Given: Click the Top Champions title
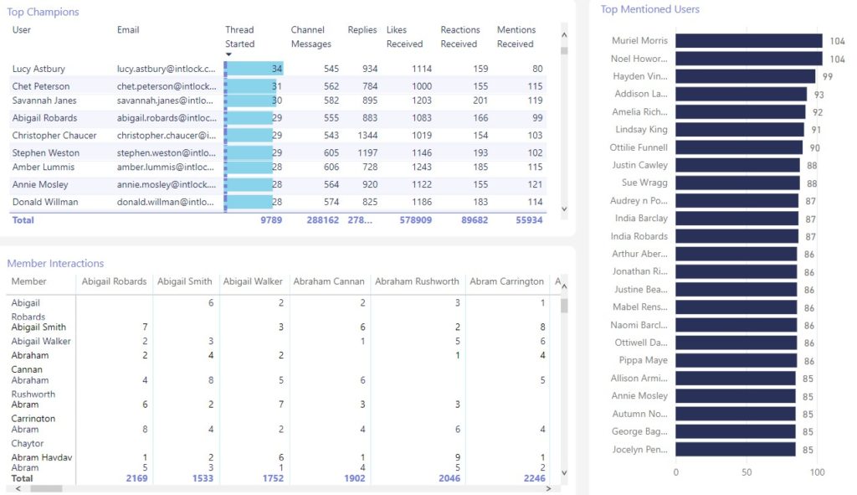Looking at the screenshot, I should click(x=43, y=13).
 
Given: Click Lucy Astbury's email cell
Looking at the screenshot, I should click(x=167, y=70).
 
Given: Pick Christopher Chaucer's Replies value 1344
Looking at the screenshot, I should click(x=364, y=136).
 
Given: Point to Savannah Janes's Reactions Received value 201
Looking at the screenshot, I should click(x=480, y=101).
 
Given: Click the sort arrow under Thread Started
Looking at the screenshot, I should click(x=229, y=55).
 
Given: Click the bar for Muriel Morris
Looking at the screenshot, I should click(x=748, y=41).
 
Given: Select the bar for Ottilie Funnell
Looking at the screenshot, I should click(x=738, y=147).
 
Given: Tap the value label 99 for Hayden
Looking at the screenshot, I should click(x=827, y=76).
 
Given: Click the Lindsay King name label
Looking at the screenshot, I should click(x=641, y=130).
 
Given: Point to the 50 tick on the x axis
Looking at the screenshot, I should click(x=747, y=472).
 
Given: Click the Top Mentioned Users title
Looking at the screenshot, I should click(x=649, y=9).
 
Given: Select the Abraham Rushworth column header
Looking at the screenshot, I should click(x=417, y=281).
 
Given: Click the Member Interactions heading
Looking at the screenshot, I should click(x=55, y=264).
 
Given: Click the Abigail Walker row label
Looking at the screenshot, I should click(x=40, y=342).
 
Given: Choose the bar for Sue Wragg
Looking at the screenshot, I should click(x=736, y=183).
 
